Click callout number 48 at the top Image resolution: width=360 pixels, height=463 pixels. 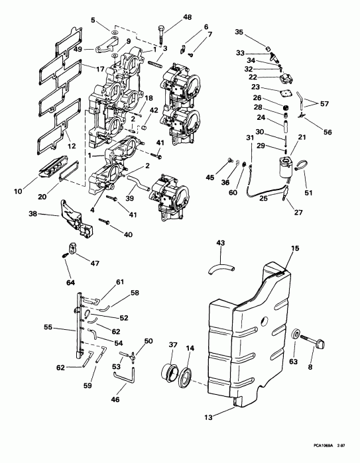pyautogui.click(x=168, y=17)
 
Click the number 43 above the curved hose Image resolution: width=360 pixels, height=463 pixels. pyautogui.click(x=221, y=243)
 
